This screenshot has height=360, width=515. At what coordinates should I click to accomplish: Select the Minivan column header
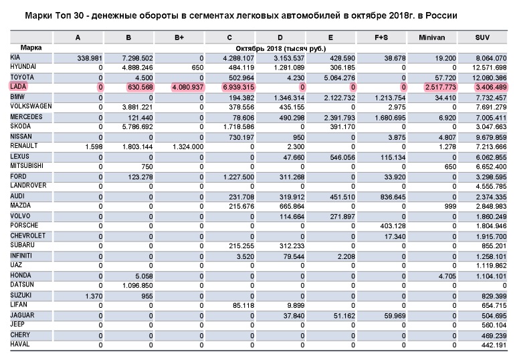(434, 38)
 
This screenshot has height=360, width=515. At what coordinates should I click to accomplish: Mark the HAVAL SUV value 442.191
(493, 345)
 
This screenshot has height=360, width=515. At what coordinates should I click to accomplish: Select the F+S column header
(382, 38)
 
